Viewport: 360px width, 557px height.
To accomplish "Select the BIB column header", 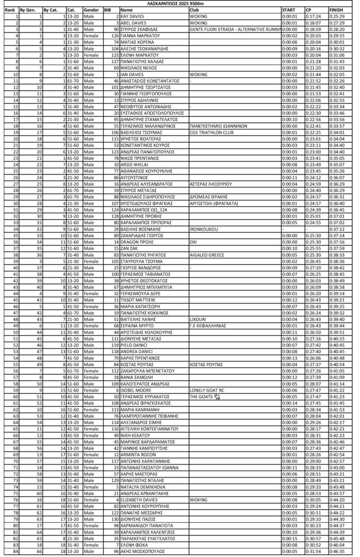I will coord(108,10).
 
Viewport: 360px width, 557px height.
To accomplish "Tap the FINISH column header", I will coord(337,10).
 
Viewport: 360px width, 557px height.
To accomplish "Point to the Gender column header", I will coord(91,10).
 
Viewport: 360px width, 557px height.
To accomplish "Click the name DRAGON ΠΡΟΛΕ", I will coord(135,242).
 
